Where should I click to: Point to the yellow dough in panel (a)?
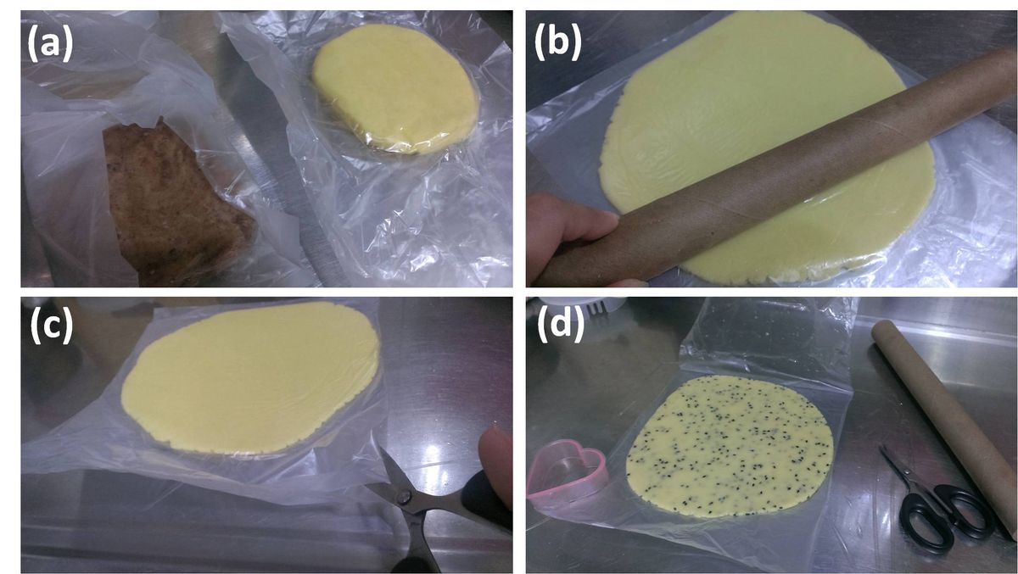(394, 88)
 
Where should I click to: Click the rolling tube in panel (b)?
(773, 173)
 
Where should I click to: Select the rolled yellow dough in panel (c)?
(251, 378)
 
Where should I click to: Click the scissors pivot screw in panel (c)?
(403, 497)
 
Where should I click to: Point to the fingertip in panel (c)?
(496, 459)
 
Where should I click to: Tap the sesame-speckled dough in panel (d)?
(730, 446)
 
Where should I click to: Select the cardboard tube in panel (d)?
(945, 426)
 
